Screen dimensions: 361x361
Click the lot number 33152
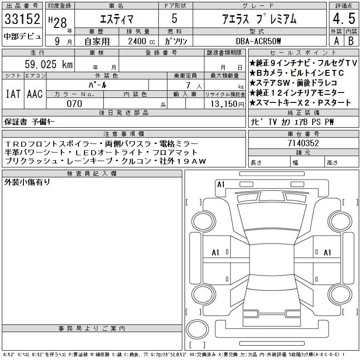point(22,19)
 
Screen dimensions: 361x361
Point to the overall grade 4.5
point(344,19)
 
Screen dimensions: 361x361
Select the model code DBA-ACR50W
point(258,41)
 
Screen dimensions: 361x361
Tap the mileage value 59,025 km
point(49,64)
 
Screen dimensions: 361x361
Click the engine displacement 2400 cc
point(142,42)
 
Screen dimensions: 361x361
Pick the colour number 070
point(74,104)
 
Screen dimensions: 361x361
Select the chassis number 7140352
point(303,143)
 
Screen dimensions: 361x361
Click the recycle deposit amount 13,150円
point(227,104)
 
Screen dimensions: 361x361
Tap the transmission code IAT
point(13,94)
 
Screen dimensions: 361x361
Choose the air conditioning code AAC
point(35,94)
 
